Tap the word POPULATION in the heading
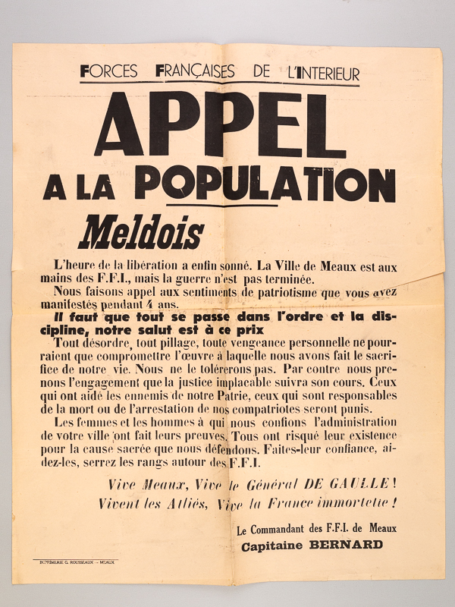tap(268, 184)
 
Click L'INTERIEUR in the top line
tap(319, 73)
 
